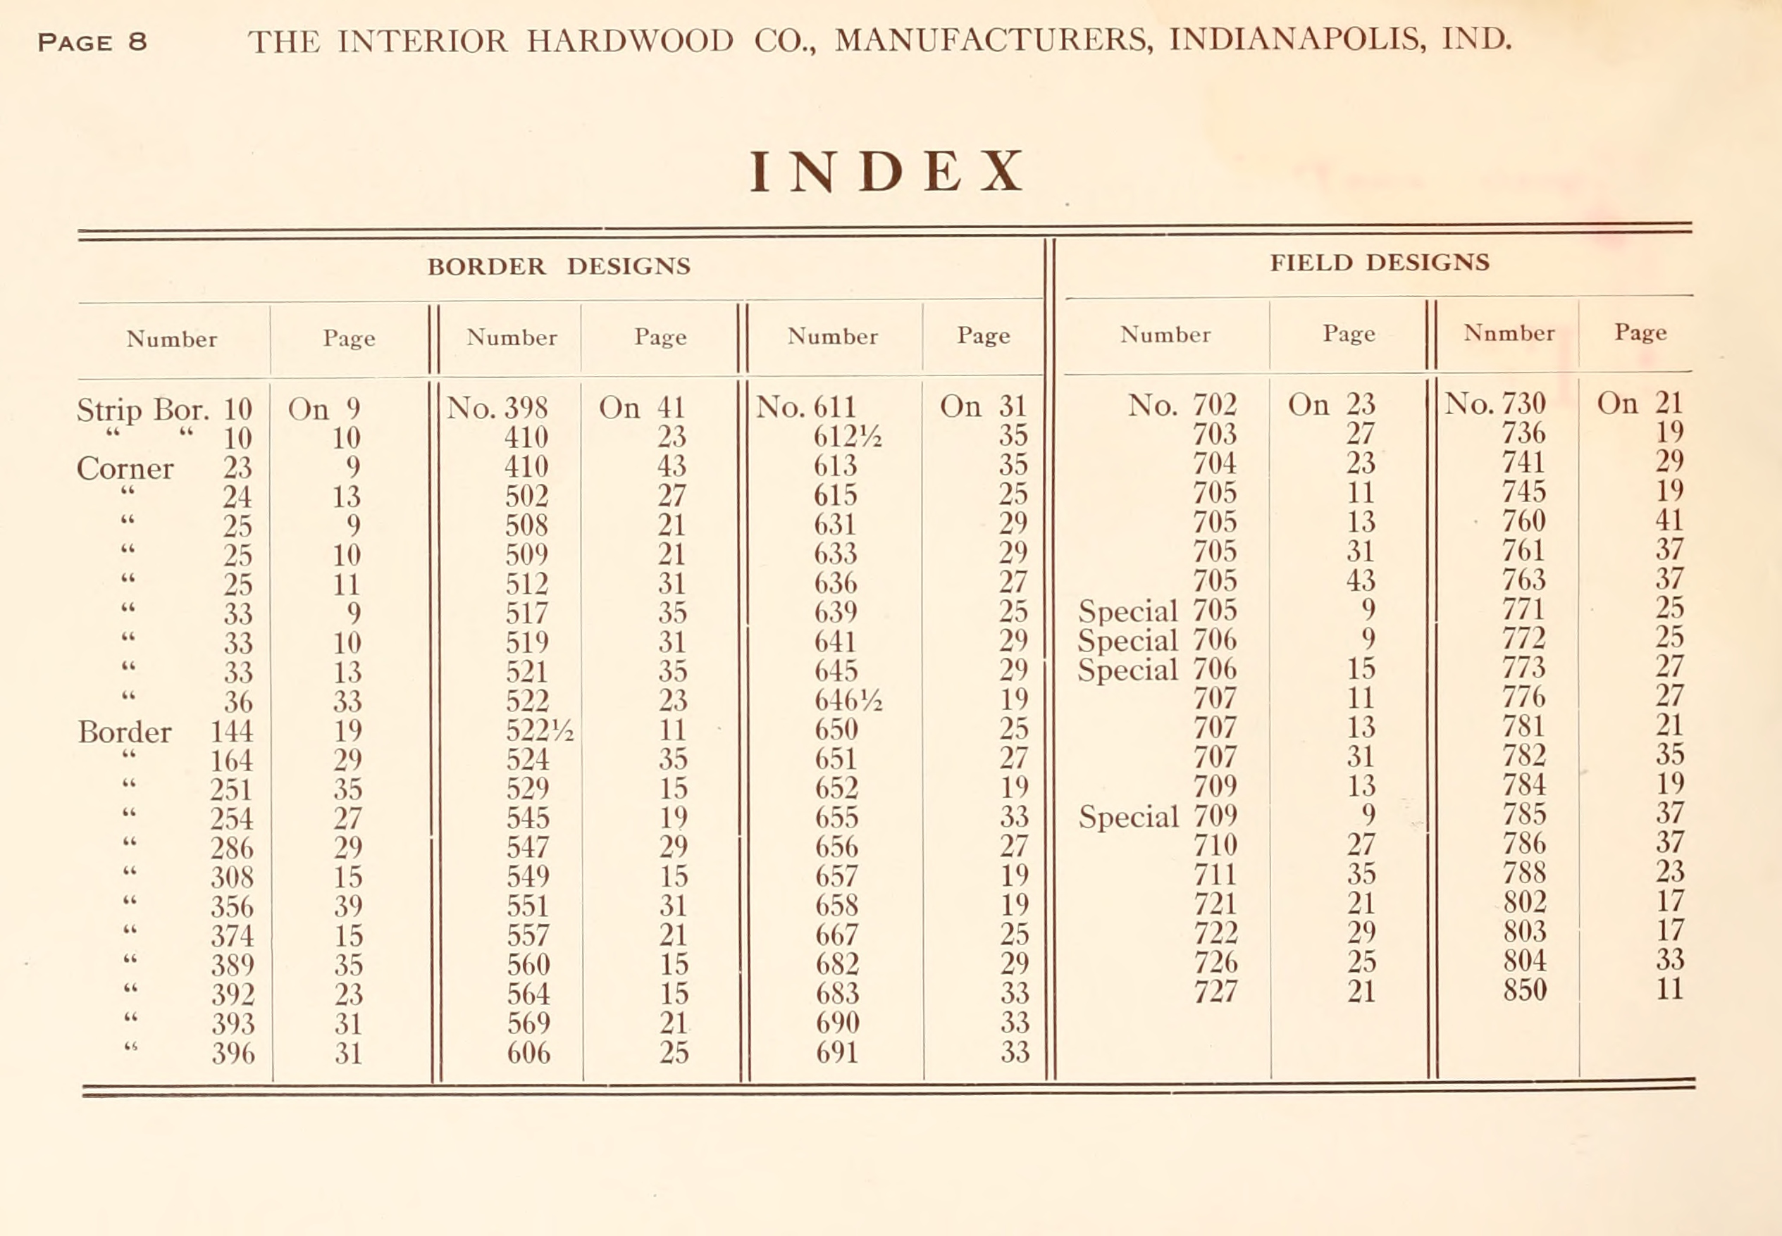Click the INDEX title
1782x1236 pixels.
tap(886, 172)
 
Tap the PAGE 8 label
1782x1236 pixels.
tap(92, 42)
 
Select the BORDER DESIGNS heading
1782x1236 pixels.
tap(559, 266)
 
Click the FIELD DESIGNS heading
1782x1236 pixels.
tap(1379, 263)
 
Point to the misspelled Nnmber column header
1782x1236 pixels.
tap(1509, 333)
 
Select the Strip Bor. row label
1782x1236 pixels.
tap(142, 410)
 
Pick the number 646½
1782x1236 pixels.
tap(847, 700)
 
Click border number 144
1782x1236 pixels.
tap(232, 731)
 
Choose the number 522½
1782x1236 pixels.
tap(539, 730)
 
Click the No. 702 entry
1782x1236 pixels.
tap(1182, 405)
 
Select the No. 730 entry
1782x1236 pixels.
tap(1495, 404)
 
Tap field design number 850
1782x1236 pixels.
tap(1524, 990)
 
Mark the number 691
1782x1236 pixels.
tap(837, 1052)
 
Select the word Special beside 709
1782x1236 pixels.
tap(1127, 817)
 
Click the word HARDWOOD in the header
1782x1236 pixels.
tap(629, 41)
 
